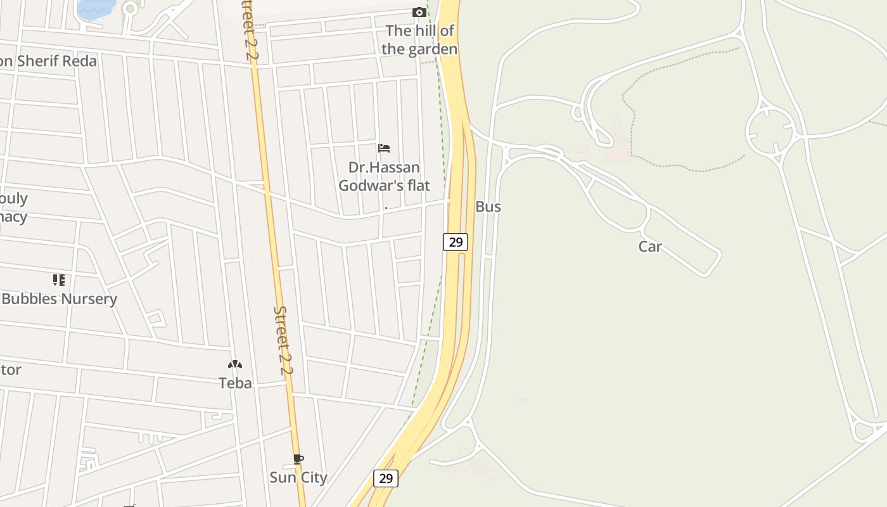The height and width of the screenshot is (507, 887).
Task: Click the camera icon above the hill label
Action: tap(419, 12)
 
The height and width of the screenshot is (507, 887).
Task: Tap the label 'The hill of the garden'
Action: tap(419, 39)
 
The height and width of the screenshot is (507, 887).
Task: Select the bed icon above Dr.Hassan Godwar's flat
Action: tap(383, 148)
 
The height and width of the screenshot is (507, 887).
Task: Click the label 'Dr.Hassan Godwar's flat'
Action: tap(384, 176)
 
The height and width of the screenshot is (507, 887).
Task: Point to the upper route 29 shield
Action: tap(455, 241)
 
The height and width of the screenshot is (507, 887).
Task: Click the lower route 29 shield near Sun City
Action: tap(385, 478)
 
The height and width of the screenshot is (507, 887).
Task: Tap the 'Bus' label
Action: tap(488, 207)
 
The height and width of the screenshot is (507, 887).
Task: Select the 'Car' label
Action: tap(650, 247)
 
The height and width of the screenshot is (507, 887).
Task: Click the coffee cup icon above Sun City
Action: tap(298, 459)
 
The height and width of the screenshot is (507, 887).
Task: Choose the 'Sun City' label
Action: tap(298, 477)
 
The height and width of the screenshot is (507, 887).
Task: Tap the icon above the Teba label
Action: tap(235, 364)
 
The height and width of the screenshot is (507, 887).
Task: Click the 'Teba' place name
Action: tap(235, 383)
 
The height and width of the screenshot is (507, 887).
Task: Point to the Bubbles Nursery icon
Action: tap(59, 279)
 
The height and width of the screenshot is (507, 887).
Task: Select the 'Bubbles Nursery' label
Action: tap(59, 298)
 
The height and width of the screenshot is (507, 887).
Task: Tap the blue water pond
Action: tap(95, 8)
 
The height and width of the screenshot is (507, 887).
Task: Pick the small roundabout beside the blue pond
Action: tap(131, 9)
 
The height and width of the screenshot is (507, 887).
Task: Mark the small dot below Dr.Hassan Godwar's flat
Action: tap(386, 208)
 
